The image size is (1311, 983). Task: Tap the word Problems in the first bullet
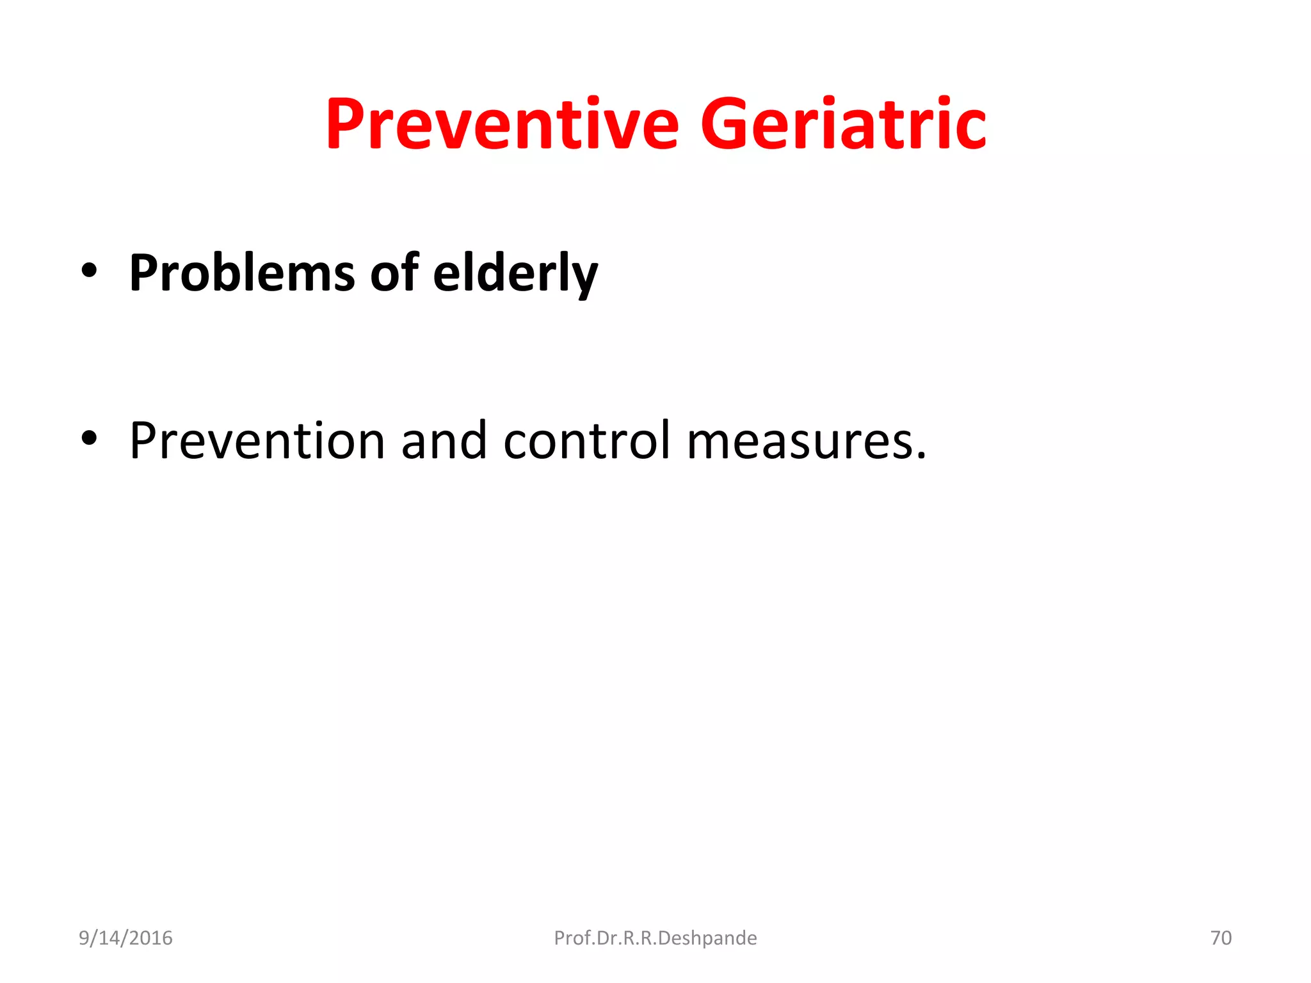pyautogui.click(x=241, y=273)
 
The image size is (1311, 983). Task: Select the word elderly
pyautogui.click(x=515, y=273)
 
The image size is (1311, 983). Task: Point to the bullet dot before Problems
pyautogui.click(x=89, y=271)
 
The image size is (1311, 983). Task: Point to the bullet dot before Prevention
pyautogui.click(x=89, y=438)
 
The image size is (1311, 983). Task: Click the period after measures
pyautogui.click(x=921, y=455)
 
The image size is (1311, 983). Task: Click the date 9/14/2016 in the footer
pyautogui.click(x=125, y=938)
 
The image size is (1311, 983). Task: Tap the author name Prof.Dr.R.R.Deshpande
pyautogui.click(x=655, y=938)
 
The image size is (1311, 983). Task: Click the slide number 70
pyautogui.click(x=1221, y=938)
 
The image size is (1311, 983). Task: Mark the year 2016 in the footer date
pyautogui.click(x=152, y=938)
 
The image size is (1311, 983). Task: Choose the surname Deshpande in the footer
pyautogui.click(x=707, y=938)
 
